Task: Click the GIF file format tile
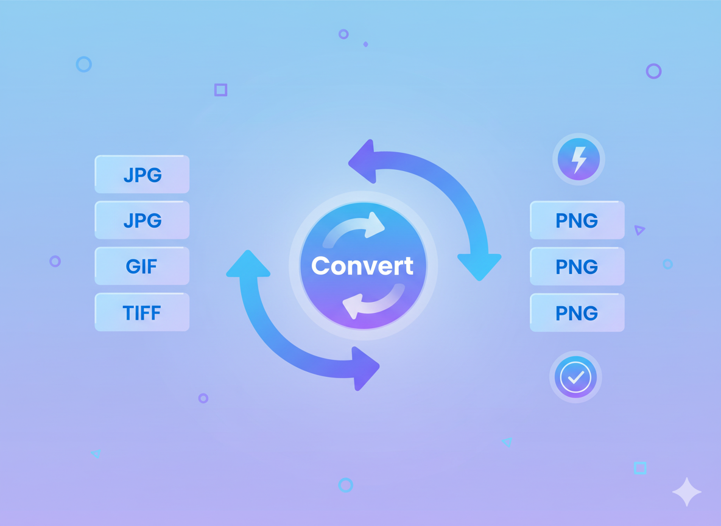point(142,267)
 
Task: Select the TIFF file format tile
point(142,313)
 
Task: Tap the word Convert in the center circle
point(362,266)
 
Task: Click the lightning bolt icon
point(579,159)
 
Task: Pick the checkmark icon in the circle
point(575,377)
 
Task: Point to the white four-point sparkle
point(686,492)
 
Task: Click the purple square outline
point(220,90)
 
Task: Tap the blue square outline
point(640,468)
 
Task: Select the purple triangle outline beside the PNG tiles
point(639,230)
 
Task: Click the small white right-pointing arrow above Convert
point(373,225)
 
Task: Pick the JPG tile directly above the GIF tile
point(142,220)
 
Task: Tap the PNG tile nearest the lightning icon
point(577,220)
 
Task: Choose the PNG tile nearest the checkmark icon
point(577,313)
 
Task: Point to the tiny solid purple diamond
point(365,44)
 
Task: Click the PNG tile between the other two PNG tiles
point(577,267)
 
